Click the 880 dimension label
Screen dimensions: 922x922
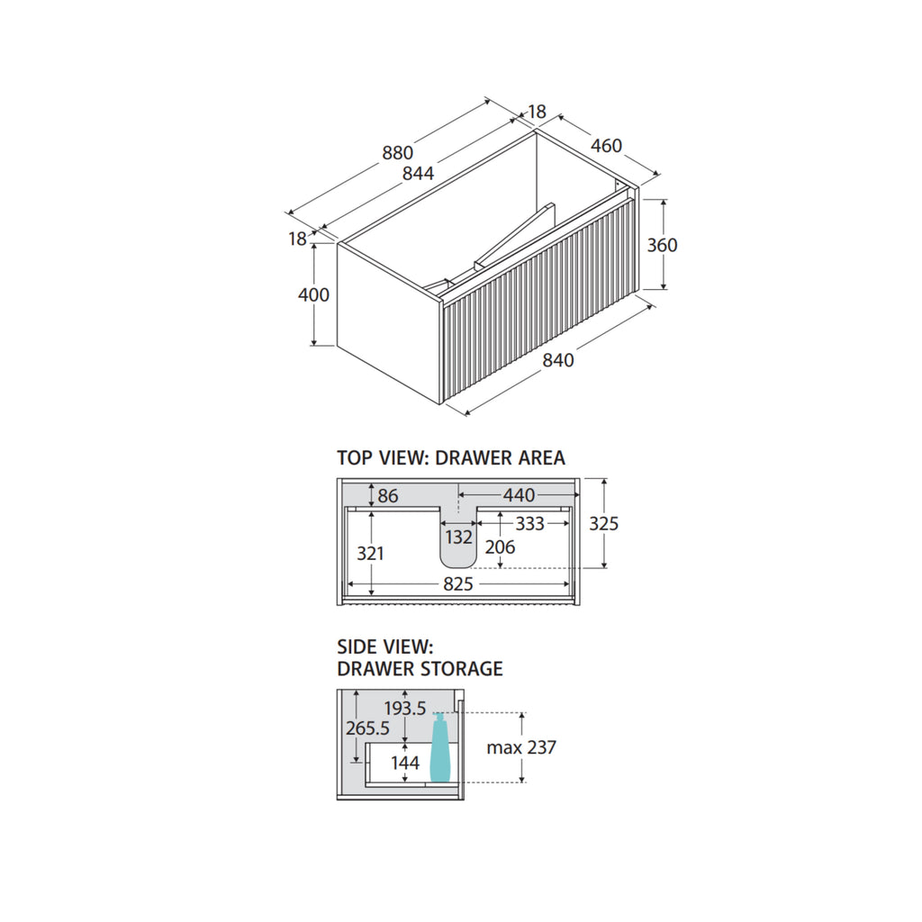coord(397,153)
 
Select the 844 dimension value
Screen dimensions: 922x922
coord(418,174)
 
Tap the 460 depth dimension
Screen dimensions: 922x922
coord(606,146)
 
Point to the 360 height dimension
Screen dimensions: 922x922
coord(662,245)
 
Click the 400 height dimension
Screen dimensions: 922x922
coord(313,294)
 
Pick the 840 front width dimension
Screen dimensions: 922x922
coord(558,360)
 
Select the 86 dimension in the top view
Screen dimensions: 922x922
coord(388,496)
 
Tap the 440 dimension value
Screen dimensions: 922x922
coord(519,495)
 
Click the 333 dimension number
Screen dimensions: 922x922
coord(529,523)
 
